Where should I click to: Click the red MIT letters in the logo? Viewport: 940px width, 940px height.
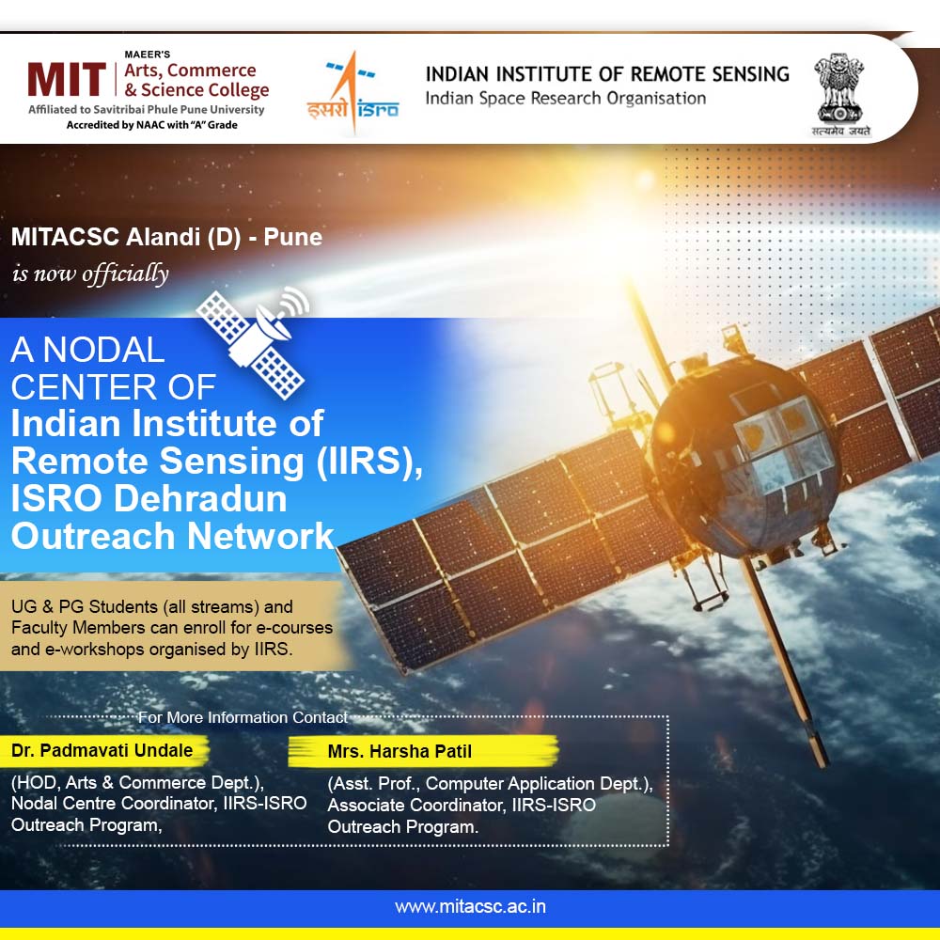67,79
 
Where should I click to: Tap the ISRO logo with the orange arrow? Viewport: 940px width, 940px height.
353,92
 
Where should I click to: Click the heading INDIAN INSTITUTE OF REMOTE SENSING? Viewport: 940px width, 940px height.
607,74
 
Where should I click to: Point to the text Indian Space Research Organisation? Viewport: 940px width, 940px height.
565,99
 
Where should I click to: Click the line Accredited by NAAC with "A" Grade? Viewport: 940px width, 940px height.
151,125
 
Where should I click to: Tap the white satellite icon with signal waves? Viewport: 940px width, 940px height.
253,342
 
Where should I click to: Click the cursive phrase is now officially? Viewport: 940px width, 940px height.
90,274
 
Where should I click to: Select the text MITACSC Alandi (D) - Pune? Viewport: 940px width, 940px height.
166,237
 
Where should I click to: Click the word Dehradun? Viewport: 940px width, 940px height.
200,499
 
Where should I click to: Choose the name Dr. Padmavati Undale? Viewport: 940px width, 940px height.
102,750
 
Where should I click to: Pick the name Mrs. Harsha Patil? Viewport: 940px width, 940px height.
399,751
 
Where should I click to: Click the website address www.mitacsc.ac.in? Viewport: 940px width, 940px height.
470,906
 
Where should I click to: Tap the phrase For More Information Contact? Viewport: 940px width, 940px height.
243,717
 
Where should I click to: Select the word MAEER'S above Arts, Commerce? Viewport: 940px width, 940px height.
148,55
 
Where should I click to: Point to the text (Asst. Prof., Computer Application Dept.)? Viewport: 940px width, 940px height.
490,784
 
